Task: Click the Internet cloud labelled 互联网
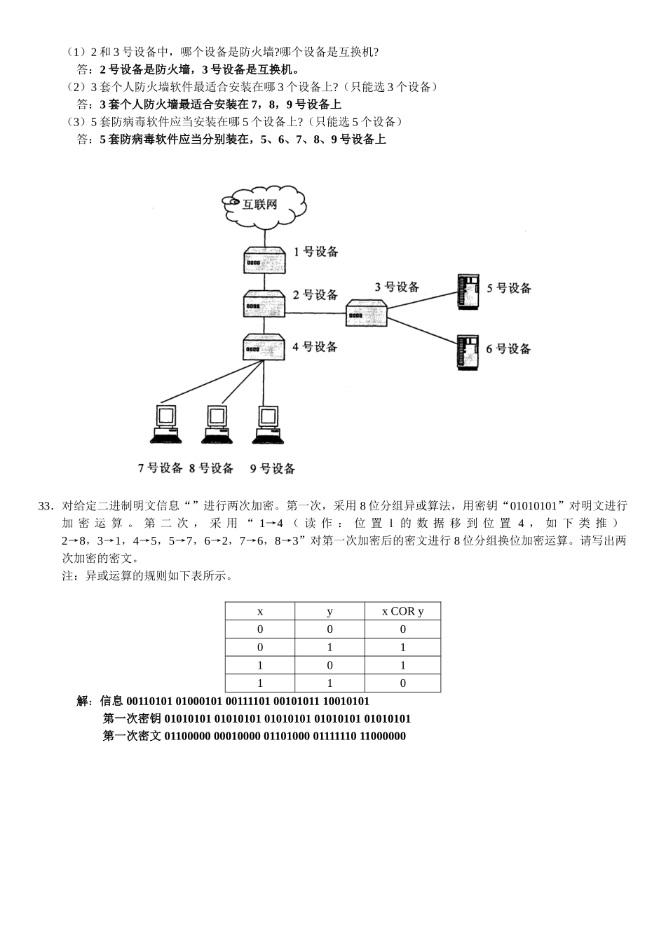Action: click(x=264, y=205)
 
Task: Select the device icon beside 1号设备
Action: click(x=264, y=261)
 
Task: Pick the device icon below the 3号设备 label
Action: click(x=367, y=314)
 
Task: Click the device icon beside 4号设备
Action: click(x=264, y=346)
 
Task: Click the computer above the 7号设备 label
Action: click(x=166, y=423)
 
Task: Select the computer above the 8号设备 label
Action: click(x=217, y=423)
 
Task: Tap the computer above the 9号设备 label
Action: click(x=269, y=423)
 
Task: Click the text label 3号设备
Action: click(x=397, y=287)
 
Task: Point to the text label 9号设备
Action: click(x=273, y=468)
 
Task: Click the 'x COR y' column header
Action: click(x=402, y=611)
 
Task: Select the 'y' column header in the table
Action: click(x=330, y=611)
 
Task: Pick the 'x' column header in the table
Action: click(x=260, y=611)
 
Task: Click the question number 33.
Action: click(x=46, y=506)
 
